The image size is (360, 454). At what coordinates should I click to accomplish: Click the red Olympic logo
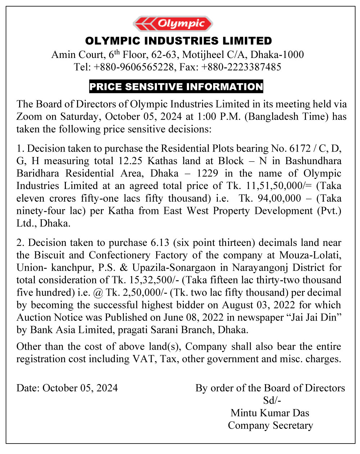click(x=173, y=24)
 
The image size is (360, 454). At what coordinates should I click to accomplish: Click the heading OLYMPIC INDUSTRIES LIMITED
click(x=179, y=41)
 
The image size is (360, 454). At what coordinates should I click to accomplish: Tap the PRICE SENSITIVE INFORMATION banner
click(x=176, y=87)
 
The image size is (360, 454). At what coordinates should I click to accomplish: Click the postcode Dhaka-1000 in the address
click(x=277, y=55)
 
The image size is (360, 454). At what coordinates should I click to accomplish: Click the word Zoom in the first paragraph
click(x=29, y=117)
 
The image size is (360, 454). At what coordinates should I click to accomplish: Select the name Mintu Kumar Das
click(x=270, y=413)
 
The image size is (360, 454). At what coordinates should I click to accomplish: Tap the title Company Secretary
click(x=270, y=426)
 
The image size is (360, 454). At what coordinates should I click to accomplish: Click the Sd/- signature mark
click(x=272, y=400)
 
